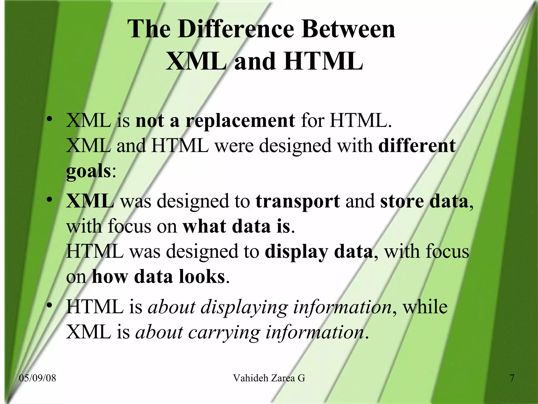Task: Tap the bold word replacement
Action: point(240,121)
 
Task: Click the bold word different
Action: point(417,146)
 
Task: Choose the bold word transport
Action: point(298,201)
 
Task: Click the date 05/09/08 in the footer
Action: point(38,378)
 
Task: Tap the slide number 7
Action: point(512,378)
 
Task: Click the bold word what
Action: point(204,226)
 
